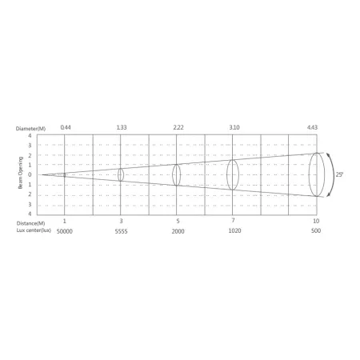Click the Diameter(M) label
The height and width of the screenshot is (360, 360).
tap(30, 129)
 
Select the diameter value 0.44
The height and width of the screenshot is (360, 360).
tap(66, 127)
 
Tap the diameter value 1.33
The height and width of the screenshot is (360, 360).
tap(122, 127)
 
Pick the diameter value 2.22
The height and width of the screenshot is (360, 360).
tap(178, 127)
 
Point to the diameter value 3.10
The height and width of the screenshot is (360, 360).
tap(234, 127)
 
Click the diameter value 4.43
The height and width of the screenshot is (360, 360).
tap(312, 127)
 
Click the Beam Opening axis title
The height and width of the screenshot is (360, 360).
tap(21, 173)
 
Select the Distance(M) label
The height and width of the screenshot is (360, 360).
tap(30, 223)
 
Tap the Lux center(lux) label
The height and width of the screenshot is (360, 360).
tap(34, 230)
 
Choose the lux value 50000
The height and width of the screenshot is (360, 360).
tap(65, 231)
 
